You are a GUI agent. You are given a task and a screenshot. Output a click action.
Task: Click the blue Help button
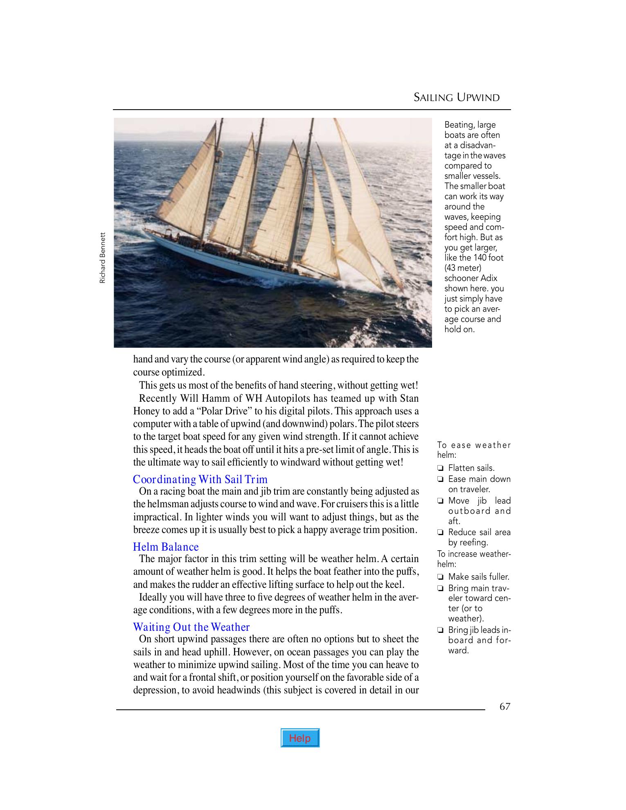coord(300,738)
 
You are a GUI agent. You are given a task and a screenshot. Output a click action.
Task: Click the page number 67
coord(505,706)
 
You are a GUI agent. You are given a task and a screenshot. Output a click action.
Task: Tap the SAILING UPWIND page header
coord(457,97)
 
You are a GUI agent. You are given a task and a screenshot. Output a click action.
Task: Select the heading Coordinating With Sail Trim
coord(200,479)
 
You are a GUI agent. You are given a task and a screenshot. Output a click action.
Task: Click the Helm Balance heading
coord(166,547)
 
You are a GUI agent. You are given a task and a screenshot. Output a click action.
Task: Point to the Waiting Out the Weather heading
coord(191,627)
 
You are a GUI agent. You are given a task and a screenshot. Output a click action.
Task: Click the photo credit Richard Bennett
coord(102,258)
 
